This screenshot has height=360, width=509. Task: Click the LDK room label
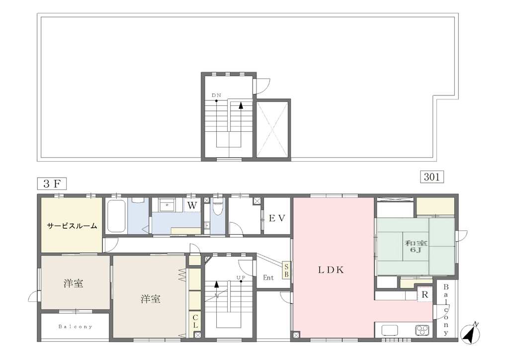click(x=331, y=270)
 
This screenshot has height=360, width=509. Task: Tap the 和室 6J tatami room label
click(x=416, y=247)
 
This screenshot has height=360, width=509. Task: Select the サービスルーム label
click(x=72, y=226)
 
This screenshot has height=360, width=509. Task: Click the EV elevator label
click(x=277, y=218)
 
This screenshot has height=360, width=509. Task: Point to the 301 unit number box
click(x=432, y=177)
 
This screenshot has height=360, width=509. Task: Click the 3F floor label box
click(x=52, y=184)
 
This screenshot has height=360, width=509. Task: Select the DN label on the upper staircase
click(x=217, y=95)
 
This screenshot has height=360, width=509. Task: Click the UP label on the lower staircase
click(x=241, y=277)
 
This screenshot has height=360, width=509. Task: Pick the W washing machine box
click(x=192, y=205)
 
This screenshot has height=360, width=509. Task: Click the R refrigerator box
click(x=425, y=295)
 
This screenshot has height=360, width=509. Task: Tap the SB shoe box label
click(x=286, y=270)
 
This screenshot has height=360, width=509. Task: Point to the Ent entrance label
click(x=268, y=277)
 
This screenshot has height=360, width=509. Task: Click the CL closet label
click(x=195, y=321)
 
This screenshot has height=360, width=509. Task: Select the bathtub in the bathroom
click(x=116, y=216)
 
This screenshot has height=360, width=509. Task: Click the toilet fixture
click(x=217, y=208)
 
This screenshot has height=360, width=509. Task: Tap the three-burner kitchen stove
click(x=423, y=330)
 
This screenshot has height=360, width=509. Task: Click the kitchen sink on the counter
click(x=390, y=331)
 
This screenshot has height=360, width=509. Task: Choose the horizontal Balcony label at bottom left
click(x=76, y=327)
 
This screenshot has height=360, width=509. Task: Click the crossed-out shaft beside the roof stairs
click(x=272, y=129)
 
